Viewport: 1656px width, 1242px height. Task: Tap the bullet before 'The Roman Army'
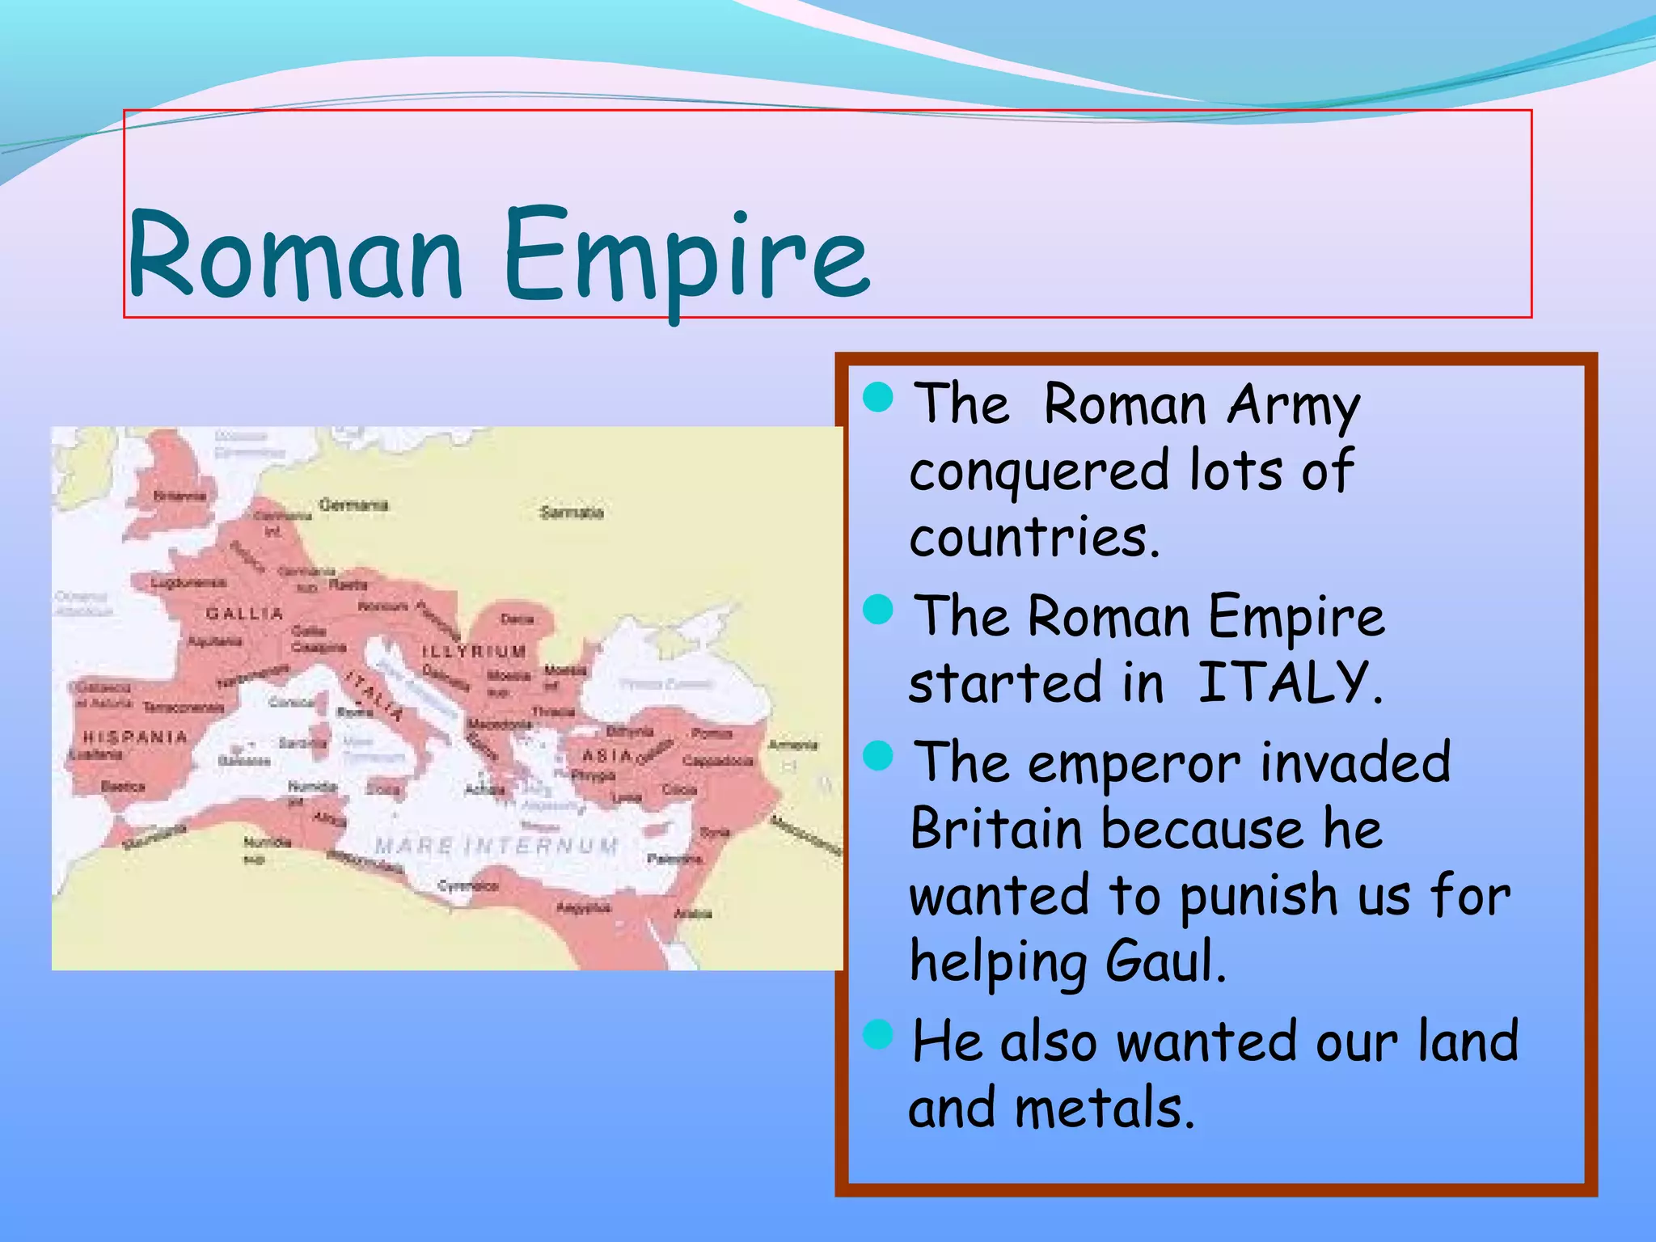point(878,398)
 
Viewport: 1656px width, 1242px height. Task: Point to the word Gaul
point(1165,961)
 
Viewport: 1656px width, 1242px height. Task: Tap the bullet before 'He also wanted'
point(878,1034)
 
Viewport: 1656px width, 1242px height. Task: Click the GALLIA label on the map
point(244,614)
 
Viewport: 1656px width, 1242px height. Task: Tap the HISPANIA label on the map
point(135,737)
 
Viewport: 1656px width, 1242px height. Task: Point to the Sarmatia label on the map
point(572,513)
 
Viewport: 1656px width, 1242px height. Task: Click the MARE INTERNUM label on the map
point(496,847)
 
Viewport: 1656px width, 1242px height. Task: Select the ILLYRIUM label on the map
point(474,651)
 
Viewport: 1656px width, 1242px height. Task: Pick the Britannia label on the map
point(180,496)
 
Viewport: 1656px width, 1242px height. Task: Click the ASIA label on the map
point(607,755)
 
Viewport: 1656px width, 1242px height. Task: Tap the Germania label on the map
point(353,505)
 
